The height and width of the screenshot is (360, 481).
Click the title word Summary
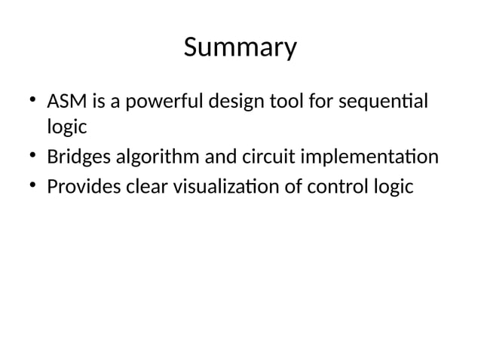point(240,49)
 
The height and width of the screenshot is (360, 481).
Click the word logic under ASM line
point(66,128)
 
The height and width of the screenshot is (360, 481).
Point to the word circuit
point(269,157)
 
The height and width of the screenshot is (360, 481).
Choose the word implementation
point(369,157)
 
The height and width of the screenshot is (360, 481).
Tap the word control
point(337,185)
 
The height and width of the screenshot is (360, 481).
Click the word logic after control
point(394,186)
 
